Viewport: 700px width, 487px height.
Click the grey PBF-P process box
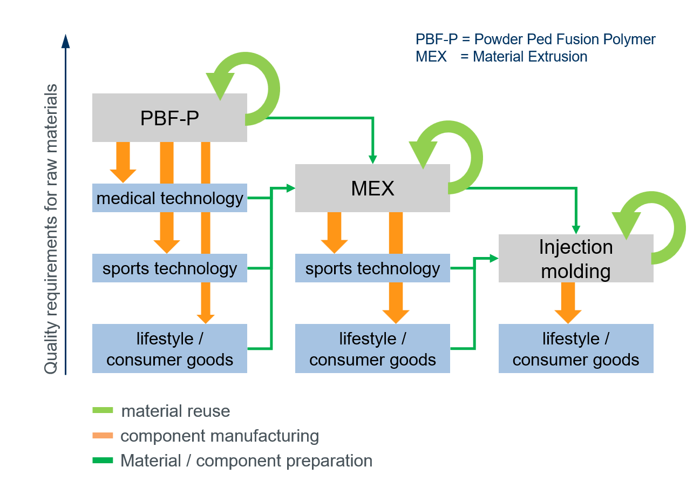169,118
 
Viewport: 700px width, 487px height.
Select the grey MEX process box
372,188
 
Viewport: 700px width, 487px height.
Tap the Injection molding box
576,258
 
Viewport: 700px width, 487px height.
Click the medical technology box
169,198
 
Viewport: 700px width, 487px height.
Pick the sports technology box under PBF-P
169,268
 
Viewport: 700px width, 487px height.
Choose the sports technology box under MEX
372,268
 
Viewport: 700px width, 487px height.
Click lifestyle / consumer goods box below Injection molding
576,348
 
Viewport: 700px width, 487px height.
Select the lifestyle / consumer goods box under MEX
372,348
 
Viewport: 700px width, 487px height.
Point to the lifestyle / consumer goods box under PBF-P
169,348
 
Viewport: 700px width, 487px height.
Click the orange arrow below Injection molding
568,302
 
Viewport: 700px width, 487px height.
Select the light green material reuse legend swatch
103,411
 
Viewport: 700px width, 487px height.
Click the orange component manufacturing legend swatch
103,436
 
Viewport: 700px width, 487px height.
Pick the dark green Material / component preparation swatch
103,461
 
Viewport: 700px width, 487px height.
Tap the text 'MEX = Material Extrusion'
501,56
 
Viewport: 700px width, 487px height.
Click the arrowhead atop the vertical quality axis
66,42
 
